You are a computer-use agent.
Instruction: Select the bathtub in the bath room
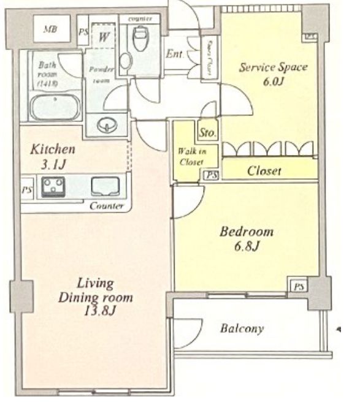55,108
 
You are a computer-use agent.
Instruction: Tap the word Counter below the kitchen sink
107,206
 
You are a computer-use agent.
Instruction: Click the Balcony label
242,328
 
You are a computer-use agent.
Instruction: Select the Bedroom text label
247,233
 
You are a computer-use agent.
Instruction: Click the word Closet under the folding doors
264,172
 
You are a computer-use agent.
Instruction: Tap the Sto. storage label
205,131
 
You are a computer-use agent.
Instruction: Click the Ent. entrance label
176,53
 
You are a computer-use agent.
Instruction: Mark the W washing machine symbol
104,36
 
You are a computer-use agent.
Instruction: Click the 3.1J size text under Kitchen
53,162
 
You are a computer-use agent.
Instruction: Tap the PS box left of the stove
26,189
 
